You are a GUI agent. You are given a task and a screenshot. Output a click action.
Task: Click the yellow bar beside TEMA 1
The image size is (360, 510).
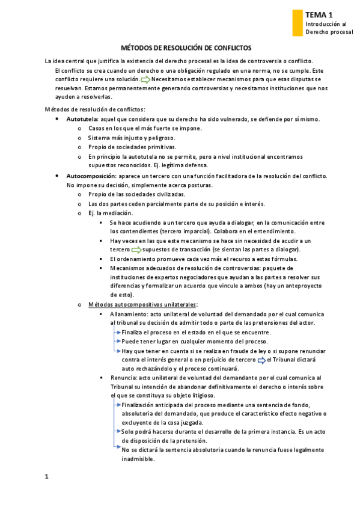point(296,23)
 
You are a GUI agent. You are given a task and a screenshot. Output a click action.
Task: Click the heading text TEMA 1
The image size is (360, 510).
point(319,14)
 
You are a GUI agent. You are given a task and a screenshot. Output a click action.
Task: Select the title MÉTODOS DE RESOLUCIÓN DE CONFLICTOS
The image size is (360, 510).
point(186,47)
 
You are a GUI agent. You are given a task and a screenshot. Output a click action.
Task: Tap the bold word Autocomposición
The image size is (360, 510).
point(91,176)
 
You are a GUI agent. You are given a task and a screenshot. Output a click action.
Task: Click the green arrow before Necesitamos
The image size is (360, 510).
point(145,79)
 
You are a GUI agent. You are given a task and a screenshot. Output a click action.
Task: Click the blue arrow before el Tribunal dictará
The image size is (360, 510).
point(261,360)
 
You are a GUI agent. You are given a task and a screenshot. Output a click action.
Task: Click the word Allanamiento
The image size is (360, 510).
point(128,314)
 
